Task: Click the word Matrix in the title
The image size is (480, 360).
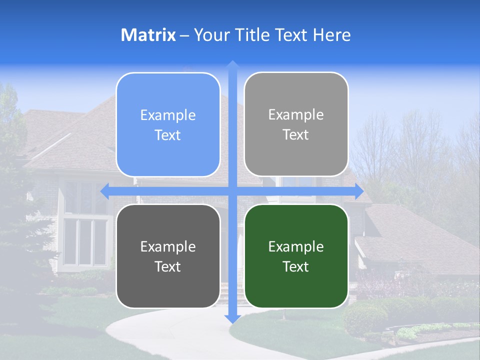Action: pos(148,35)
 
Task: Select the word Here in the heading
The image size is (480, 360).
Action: pos(331,35)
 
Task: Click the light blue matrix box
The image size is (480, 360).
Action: pos(168,124)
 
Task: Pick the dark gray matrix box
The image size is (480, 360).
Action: pos(168,256)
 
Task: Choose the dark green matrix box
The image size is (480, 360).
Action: pos(296,256)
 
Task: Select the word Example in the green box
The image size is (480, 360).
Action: pos(296,246)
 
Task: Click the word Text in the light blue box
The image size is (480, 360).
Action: pos(168,135)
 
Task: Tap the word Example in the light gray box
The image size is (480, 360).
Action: pos(296,115)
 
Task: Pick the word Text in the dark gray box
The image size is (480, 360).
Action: pos(168,266)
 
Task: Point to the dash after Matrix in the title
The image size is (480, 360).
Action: pos(184,35)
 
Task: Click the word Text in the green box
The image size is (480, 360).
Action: pos(296,266)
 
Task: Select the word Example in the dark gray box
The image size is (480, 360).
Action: pos(168,246)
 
